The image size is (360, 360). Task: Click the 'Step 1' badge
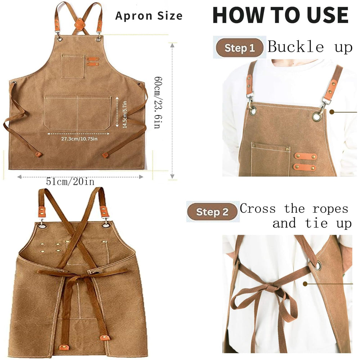239,48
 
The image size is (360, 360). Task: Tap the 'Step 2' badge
212,212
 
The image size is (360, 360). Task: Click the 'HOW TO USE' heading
280,15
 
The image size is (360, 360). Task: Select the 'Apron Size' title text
149,16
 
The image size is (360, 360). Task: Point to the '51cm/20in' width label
70,181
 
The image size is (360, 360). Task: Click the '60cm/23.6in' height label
158,102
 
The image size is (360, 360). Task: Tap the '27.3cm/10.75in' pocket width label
79,139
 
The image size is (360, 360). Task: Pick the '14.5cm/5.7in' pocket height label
125,114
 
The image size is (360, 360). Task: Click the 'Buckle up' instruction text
310,46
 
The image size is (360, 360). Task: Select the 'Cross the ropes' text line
294,209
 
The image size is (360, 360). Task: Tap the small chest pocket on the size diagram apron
73,67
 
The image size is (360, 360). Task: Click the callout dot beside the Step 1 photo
332,112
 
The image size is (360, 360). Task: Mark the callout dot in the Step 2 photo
305,284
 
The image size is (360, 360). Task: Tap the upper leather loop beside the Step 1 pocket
306,157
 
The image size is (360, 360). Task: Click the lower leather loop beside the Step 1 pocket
305,167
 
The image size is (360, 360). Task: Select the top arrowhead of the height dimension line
172,45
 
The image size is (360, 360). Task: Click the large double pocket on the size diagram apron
78,113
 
